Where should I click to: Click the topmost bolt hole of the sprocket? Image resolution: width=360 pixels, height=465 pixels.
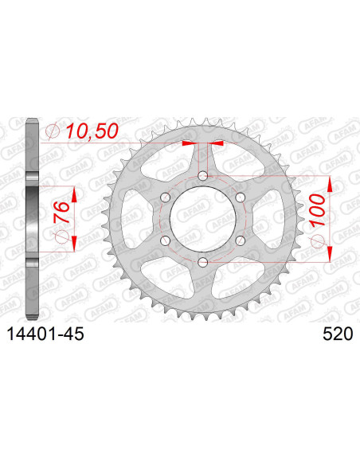202,175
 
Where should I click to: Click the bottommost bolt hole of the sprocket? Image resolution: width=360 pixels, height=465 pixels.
202,262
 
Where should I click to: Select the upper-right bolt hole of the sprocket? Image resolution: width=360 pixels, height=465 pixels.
240,197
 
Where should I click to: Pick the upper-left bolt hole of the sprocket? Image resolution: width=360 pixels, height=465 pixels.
165,197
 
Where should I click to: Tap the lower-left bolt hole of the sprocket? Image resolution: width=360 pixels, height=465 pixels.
165,240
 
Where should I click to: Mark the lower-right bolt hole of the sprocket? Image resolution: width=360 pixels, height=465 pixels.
240,240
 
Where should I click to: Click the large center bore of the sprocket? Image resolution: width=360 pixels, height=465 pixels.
202,219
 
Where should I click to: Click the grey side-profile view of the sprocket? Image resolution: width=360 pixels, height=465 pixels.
32,219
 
